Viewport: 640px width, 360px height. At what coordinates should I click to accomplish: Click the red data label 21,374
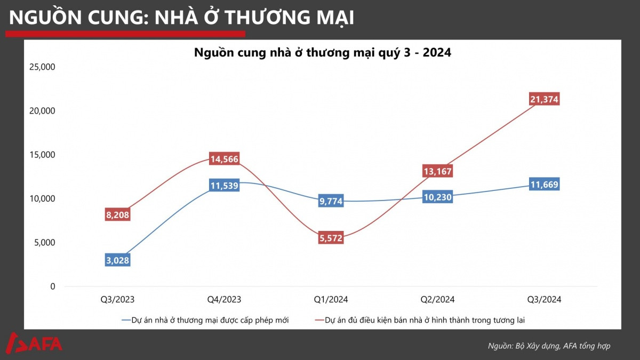point(545,99)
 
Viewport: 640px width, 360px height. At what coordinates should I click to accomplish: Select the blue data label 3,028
point(118,260)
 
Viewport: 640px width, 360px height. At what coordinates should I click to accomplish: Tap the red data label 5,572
point(331,238)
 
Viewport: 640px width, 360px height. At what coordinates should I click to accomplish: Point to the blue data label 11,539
point(225,186)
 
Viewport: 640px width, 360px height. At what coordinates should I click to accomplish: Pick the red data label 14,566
point(225,159)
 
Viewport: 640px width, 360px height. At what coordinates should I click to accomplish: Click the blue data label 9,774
point(331,201)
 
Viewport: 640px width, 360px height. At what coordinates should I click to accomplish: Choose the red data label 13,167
point(438,172)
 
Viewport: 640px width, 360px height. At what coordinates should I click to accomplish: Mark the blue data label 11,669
point(545,185)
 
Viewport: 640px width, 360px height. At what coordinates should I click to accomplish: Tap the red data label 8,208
point(118,215)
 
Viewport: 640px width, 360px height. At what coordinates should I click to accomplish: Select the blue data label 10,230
point(438,197)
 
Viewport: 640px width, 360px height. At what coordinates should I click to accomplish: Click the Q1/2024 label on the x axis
point(331,300)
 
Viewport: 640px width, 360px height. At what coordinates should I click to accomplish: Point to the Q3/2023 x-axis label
point(118,300)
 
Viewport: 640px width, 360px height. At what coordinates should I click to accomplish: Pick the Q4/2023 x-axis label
point(225,300)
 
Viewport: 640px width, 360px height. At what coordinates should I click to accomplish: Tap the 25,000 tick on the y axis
point(42,67)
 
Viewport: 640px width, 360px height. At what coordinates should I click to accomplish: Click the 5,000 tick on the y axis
point(44,243)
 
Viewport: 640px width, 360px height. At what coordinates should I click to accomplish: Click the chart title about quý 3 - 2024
point(323,53)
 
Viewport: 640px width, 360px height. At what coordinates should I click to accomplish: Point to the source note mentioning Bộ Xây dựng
point(549,346)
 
